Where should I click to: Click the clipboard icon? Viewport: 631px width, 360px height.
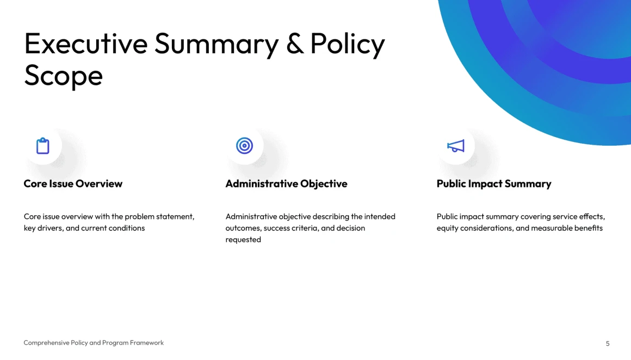(x=42, y=146)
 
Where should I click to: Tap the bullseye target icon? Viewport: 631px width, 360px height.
(x=244, y=146)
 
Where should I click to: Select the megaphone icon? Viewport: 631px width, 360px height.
(x=455, y=146)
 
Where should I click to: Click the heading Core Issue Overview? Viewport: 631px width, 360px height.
(x=73, y=184)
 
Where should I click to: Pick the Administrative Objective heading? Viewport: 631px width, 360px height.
(x=286, y=184)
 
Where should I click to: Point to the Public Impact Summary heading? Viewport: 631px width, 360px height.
(x=494, y=184)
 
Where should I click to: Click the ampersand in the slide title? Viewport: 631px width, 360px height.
(x=295, y=44)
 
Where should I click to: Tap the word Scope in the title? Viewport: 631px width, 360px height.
(x=64, y=76)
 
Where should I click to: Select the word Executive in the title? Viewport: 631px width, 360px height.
(x=86, y=44)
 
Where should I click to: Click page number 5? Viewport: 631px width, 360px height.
(x=608, y=344)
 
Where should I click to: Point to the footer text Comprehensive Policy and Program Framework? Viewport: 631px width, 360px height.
(x=94, y=343)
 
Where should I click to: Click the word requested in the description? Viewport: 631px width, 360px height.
(x=243, y=240)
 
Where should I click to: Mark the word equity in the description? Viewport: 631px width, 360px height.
(x=447, y=228)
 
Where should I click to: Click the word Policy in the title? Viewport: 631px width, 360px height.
(x=348, y=44)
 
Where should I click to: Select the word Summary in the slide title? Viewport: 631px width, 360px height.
(x=216, y=44)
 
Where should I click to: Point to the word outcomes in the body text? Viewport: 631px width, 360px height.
(x=243, y=228)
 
